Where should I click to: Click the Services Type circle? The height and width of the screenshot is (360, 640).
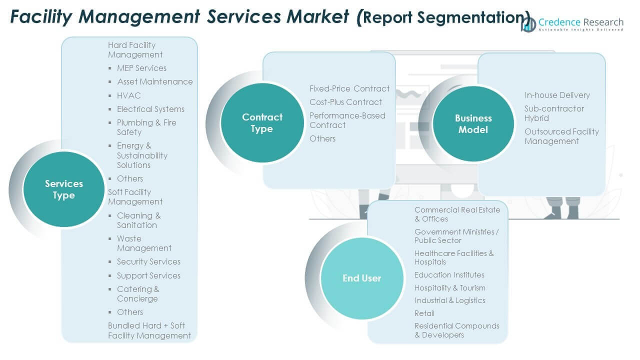(64, 189)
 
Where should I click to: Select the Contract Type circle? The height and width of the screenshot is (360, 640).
(262, 123)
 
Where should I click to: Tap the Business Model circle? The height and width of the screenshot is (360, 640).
(473, 124)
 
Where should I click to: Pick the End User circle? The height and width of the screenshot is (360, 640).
(361, 278)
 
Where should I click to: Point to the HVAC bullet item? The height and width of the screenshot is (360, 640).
(128, 95)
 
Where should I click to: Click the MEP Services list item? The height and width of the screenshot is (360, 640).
(141, 68)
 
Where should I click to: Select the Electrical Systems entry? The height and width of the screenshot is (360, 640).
(150, 109)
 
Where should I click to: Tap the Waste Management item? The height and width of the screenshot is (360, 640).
(144, 243)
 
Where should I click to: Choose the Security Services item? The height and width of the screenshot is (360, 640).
(148, 261)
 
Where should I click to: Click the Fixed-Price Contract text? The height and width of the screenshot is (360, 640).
(349, 88)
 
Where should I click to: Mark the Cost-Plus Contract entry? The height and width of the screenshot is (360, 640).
(345, 102)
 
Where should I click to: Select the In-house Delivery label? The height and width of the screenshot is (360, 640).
(557, 95)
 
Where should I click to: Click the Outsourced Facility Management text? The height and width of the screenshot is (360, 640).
(561, 136)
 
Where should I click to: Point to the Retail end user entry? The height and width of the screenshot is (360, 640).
(424, 313)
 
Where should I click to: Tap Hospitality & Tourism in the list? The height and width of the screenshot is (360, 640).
(449, 288)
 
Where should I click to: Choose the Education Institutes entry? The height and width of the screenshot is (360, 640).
(449, 275)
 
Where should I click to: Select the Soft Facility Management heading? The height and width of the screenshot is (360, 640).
(135, 197)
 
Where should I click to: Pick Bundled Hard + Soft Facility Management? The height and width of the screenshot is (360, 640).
(149, 330)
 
